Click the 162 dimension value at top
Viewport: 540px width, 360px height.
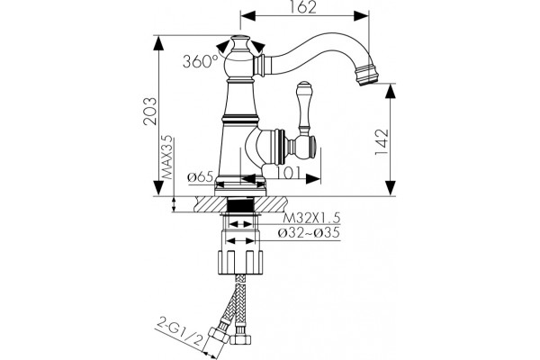pos(304,7)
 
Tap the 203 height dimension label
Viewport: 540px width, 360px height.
pos(150,111)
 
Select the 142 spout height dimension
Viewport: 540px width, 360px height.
pos(382,142)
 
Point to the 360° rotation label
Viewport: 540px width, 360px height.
pos(200,61)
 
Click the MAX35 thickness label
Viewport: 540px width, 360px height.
pos(168,157)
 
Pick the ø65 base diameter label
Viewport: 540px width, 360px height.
pos(201,177)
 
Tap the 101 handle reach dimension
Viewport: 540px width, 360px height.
pos(289,173)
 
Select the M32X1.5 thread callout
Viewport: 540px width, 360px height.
pos(311,218)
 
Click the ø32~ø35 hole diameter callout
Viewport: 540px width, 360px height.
pos(310,233)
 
